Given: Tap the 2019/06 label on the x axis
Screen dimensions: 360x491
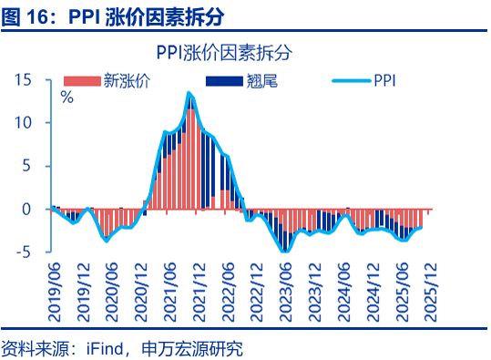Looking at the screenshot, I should [x=54, y=286].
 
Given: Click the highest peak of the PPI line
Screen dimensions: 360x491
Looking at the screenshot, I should [x=189, y=93].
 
